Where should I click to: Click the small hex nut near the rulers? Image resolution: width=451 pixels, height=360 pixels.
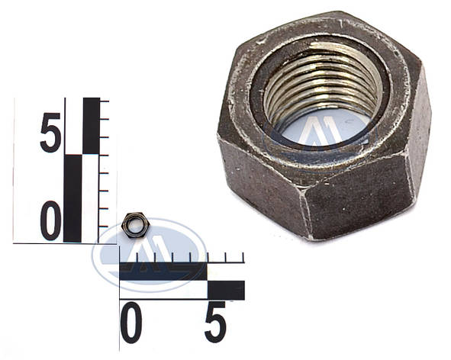135,225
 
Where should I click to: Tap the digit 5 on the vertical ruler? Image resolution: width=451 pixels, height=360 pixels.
51,133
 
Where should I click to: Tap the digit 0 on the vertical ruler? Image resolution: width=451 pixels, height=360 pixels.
51,221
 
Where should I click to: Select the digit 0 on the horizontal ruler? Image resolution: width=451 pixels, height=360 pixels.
130,322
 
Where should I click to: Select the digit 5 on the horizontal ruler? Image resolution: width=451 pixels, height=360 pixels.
215,322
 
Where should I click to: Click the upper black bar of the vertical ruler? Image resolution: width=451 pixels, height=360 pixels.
91,126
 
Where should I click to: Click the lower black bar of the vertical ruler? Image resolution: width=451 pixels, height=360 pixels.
72,198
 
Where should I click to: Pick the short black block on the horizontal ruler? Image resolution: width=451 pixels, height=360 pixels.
226,291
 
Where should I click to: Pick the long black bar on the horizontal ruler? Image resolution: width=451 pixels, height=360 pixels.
163,272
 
